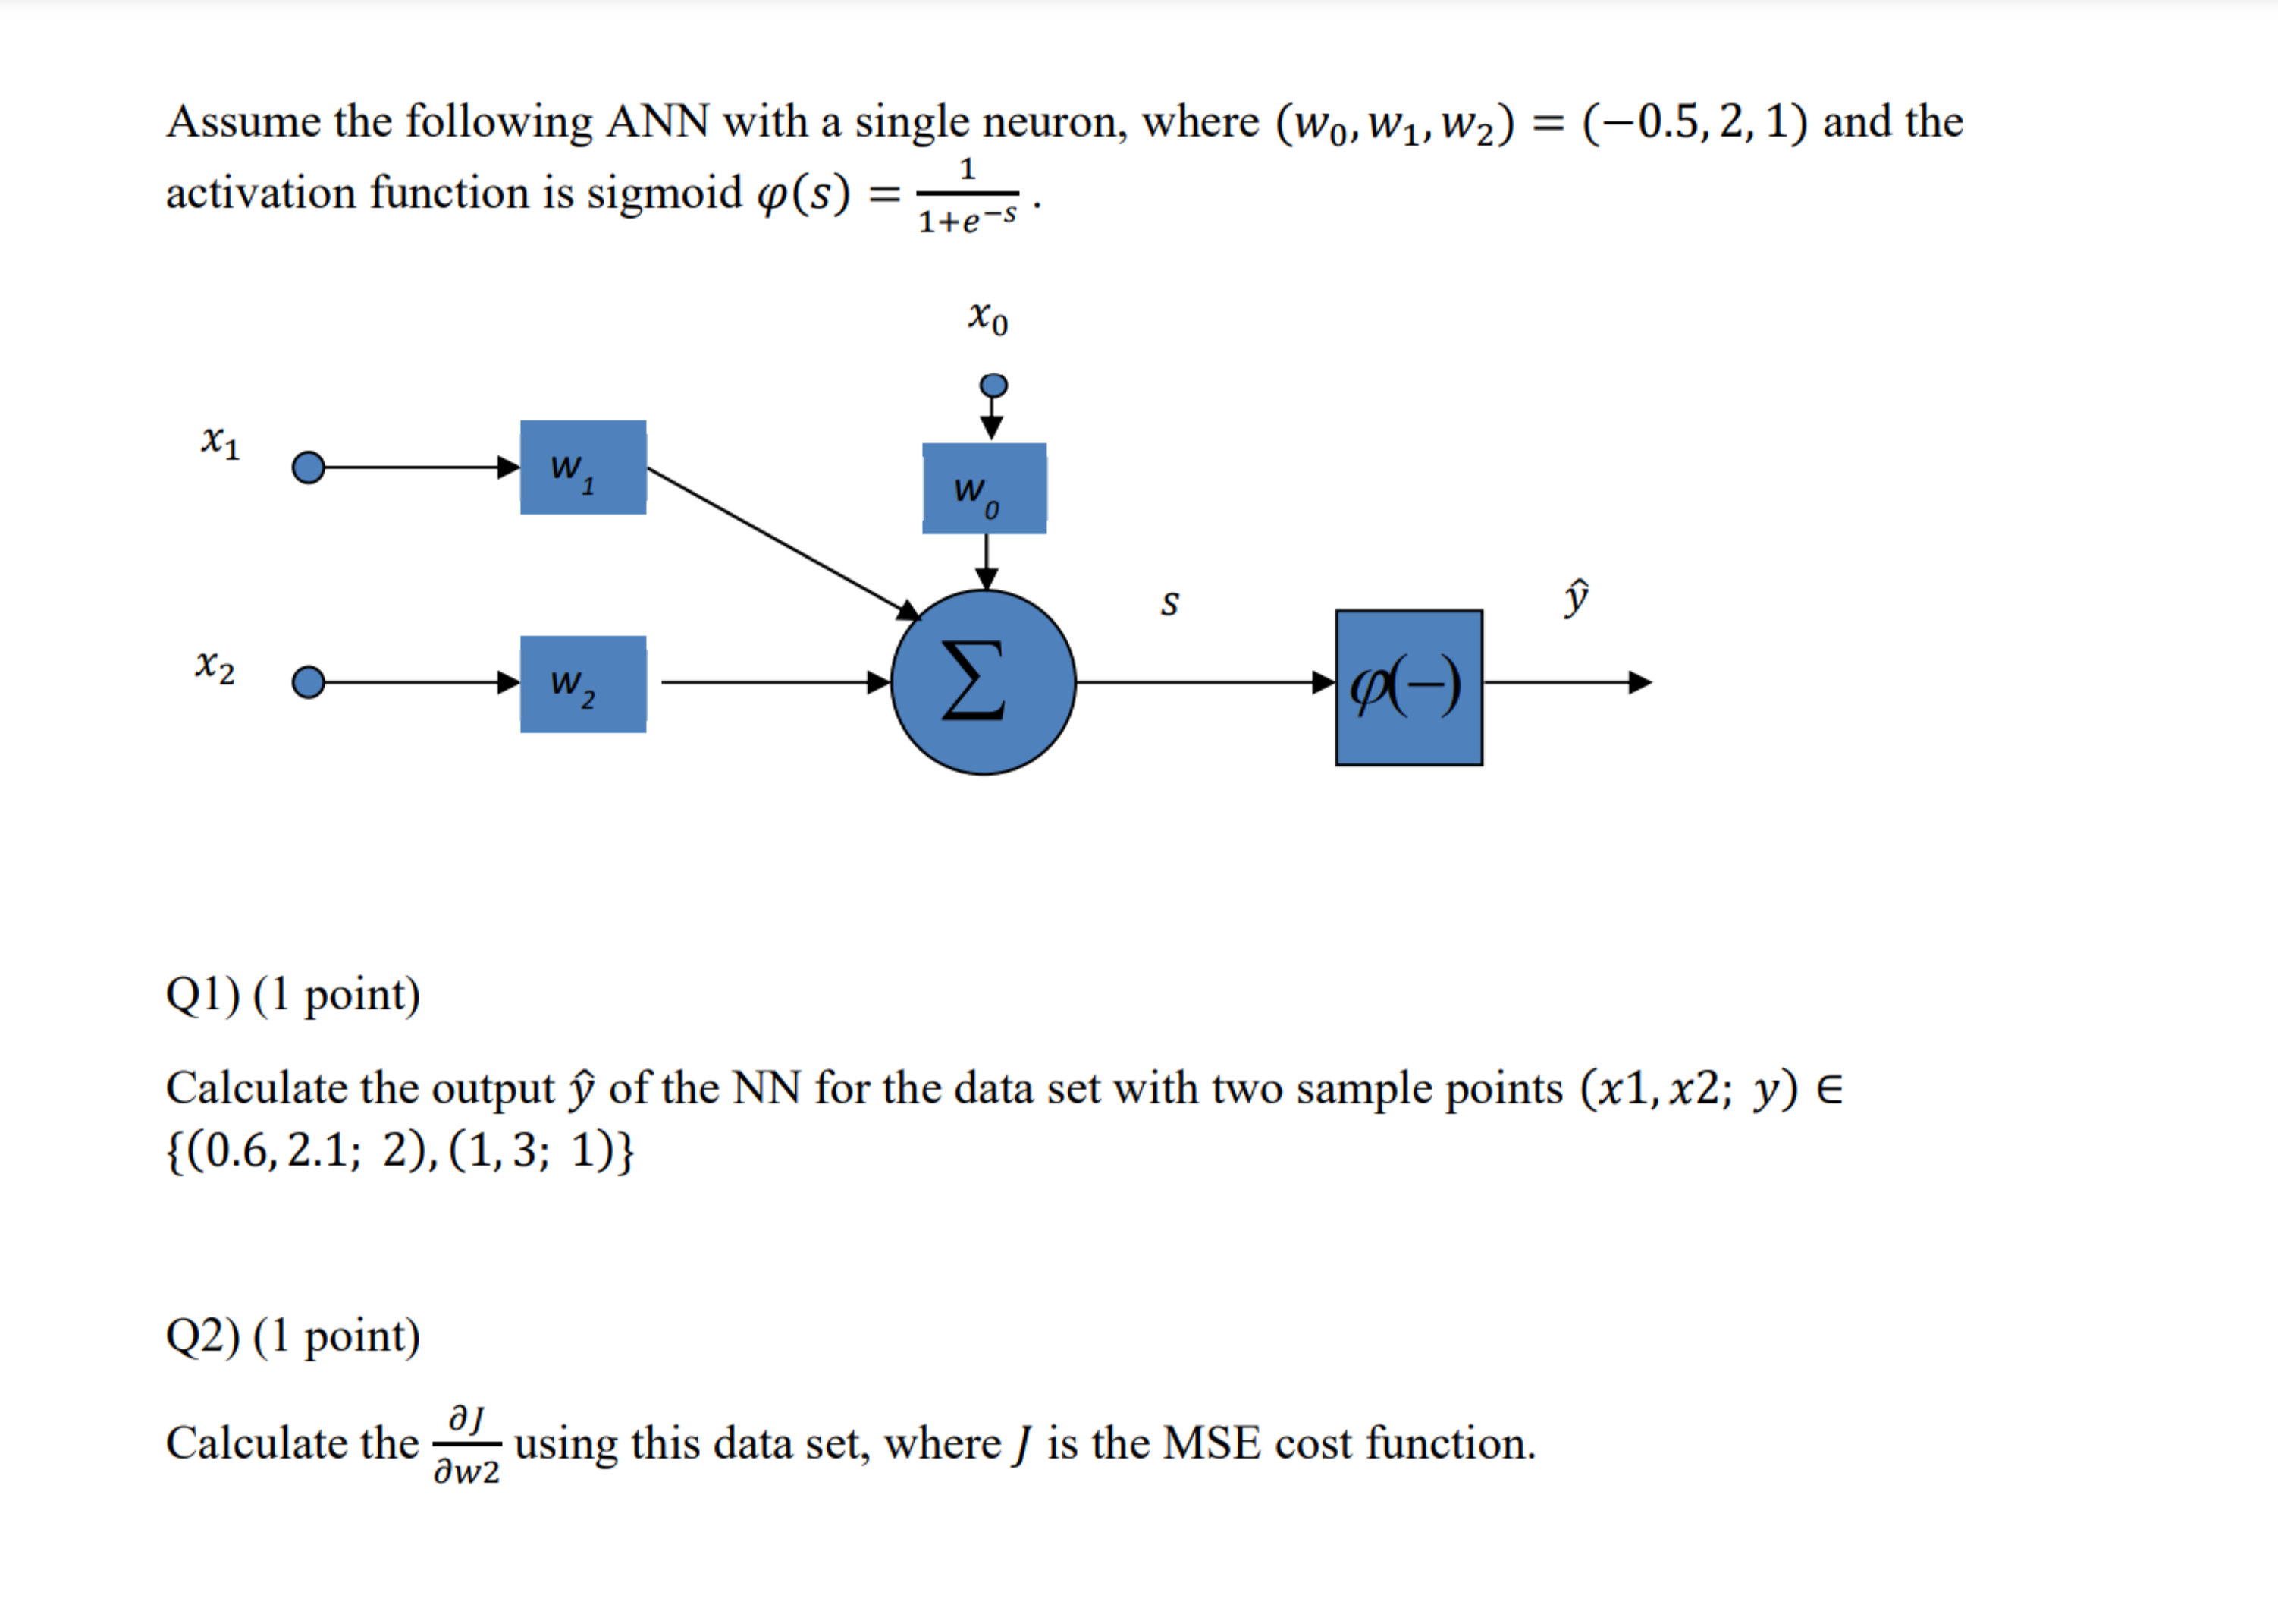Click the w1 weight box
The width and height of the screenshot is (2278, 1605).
(582, 467)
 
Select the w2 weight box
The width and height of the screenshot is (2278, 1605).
(582, 684)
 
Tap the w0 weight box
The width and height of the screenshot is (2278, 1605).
(984, 489)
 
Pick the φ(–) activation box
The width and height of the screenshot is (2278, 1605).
(1408, 687)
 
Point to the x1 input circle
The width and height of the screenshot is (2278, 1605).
(309, 467)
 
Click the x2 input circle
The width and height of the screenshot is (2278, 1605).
(309, 683)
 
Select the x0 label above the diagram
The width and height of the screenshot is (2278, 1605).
(987, 318)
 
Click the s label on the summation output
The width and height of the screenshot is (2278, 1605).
(1170, 603)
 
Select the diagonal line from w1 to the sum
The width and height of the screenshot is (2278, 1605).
(779, 541)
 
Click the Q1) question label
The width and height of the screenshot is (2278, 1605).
(202, 995)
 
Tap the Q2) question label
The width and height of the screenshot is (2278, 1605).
(202, 1336)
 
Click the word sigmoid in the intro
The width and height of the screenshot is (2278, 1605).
(664, 193)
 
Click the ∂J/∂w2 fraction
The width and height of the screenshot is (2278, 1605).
(466, 1444)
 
